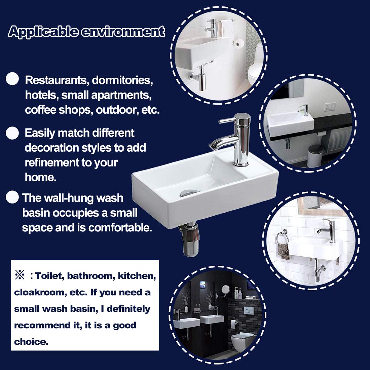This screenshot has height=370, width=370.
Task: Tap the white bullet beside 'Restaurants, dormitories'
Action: pos(13,79)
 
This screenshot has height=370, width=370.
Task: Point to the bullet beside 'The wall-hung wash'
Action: pos(12,197)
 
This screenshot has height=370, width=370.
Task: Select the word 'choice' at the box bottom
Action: pos(30,342)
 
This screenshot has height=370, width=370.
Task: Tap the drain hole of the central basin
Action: pos(187,193)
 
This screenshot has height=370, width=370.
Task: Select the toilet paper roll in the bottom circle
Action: pos(233,323)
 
